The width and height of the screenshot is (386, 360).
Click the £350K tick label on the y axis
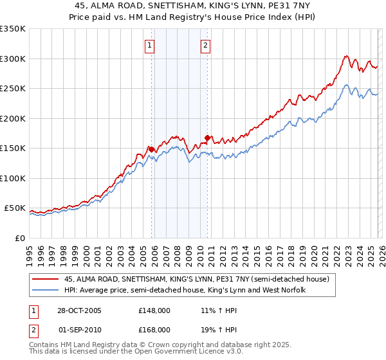pyautogui.click(x=13, y=29)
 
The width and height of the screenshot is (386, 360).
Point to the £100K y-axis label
pyautogui.click(x=13, y=178)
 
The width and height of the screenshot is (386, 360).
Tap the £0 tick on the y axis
pyautogui.click(x=20, y=238)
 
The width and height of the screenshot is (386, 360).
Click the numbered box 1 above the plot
pyautogui.click(x=149, y=45)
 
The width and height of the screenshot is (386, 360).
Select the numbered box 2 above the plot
pyautogui.click(x=205, y=45)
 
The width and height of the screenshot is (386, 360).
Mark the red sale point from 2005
pyautogui.click(x=152, y=149)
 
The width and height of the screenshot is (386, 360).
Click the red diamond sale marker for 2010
pyautogui.click(x=207, y=137)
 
